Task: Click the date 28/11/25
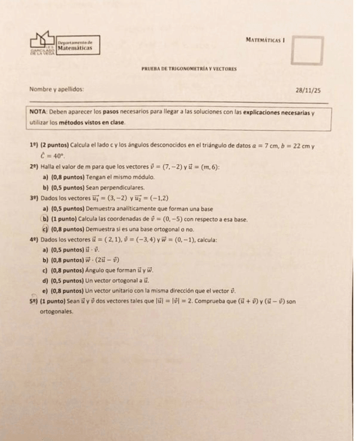[x=308, y=90]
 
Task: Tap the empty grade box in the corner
[x=307, y=50]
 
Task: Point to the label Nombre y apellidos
[x=56, y=89]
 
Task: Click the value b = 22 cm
[x=292, y=146]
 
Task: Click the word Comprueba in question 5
[x=214, y=302]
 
